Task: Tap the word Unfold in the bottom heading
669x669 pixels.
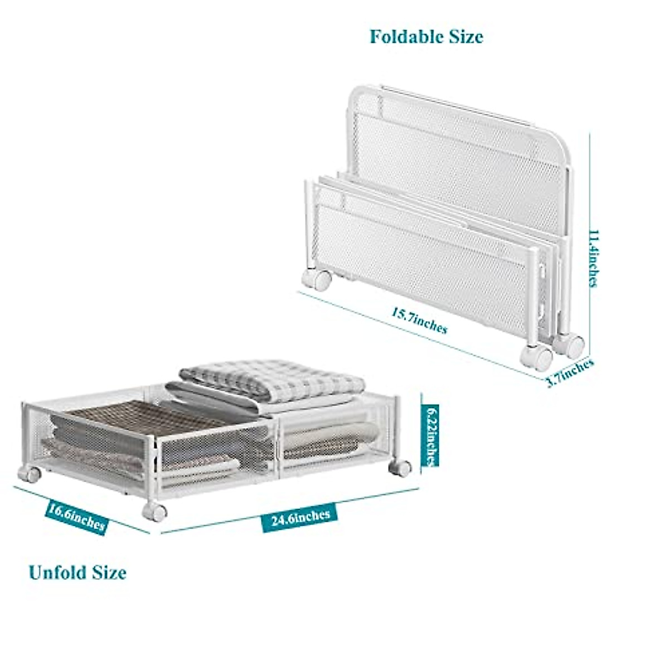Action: pos(58,573)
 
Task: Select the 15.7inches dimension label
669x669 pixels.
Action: pos(419,320)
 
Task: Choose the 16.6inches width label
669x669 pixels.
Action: pos(76,517)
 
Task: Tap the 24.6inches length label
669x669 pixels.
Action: pos(301,518)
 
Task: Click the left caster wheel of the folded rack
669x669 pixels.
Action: pos(316,279)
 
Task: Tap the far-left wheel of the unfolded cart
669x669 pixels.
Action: pos(30,473)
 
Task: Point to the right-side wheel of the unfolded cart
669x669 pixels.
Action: pos(401,467)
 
